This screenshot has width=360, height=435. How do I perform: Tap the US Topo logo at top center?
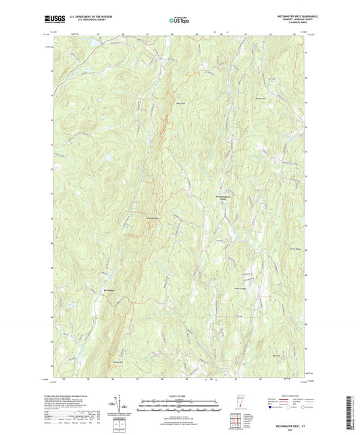[179, 21]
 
